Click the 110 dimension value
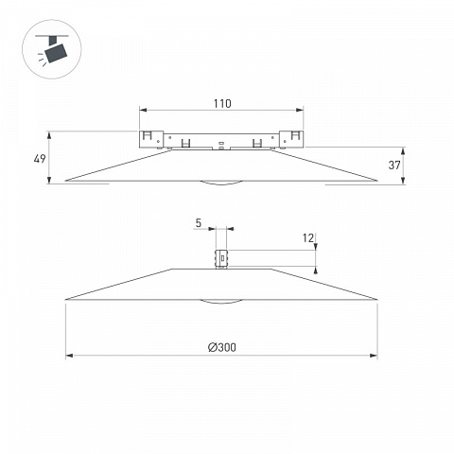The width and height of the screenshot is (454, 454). pyautogui.click(x=222, y=103)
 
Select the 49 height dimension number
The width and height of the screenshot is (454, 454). pyautogui.click(x=40, y=159)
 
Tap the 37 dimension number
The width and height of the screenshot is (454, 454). pyautogui.click(x=394, y=165)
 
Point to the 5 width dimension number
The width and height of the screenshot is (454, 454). pyautogui.click(x=198, y=223)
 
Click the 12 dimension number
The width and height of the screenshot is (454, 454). pyautogui.click(x=308, y=238)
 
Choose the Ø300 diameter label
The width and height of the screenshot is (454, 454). pyautogui.click(x=222, y=347)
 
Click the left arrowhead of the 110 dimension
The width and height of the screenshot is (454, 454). pyautogui.click(x=144, y=110)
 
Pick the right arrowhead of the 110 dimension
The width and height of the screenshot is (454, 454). pyautogui.click(x=300, y=110)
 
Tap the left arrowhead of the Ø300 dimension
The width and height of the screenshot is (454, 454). pyautogui.click(x=69, y=356)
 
